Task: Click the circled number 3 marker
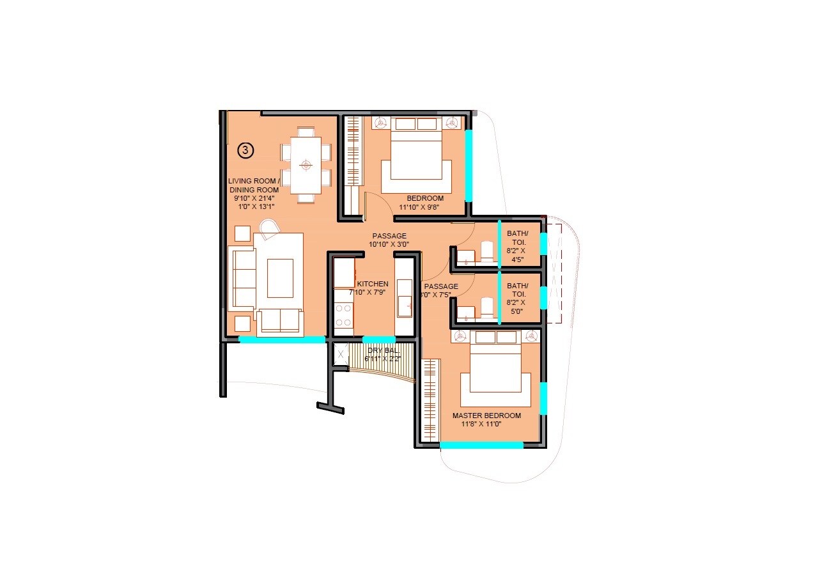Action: coord(246,150)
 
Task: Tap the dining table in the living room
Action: coord(306,165)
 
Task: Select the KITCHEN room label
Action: coord(373,284)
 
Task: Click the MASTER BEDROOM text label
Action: coord(486,416)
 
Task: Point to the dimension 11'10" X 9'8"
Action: coord(421,207)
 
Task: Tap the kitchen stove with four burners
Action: coord(344,315)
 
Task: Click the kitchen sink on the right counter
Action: coord(404,306)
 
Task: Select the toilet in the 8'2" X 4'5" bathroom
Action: coord(487,252)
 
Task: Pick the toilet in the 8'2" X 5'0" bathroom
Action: coord(487,307)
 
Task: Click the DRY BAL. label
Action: coord(383,351)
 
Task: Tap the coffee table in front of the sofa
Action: coord(280,278)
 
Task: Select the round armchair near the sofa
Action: coord(269,229)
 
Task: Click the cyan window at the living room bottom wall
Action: coord(282,340)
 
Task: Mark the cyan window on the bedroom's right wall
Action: coord(469,165)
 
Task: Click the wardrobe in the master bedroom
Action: coord(431,400)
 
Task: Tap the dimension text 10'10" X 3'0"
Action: coord(389,244)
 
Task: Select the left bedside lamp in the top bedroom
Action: coord(380,123)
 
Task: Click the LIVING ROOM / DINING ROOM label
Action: coord(254,185)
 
